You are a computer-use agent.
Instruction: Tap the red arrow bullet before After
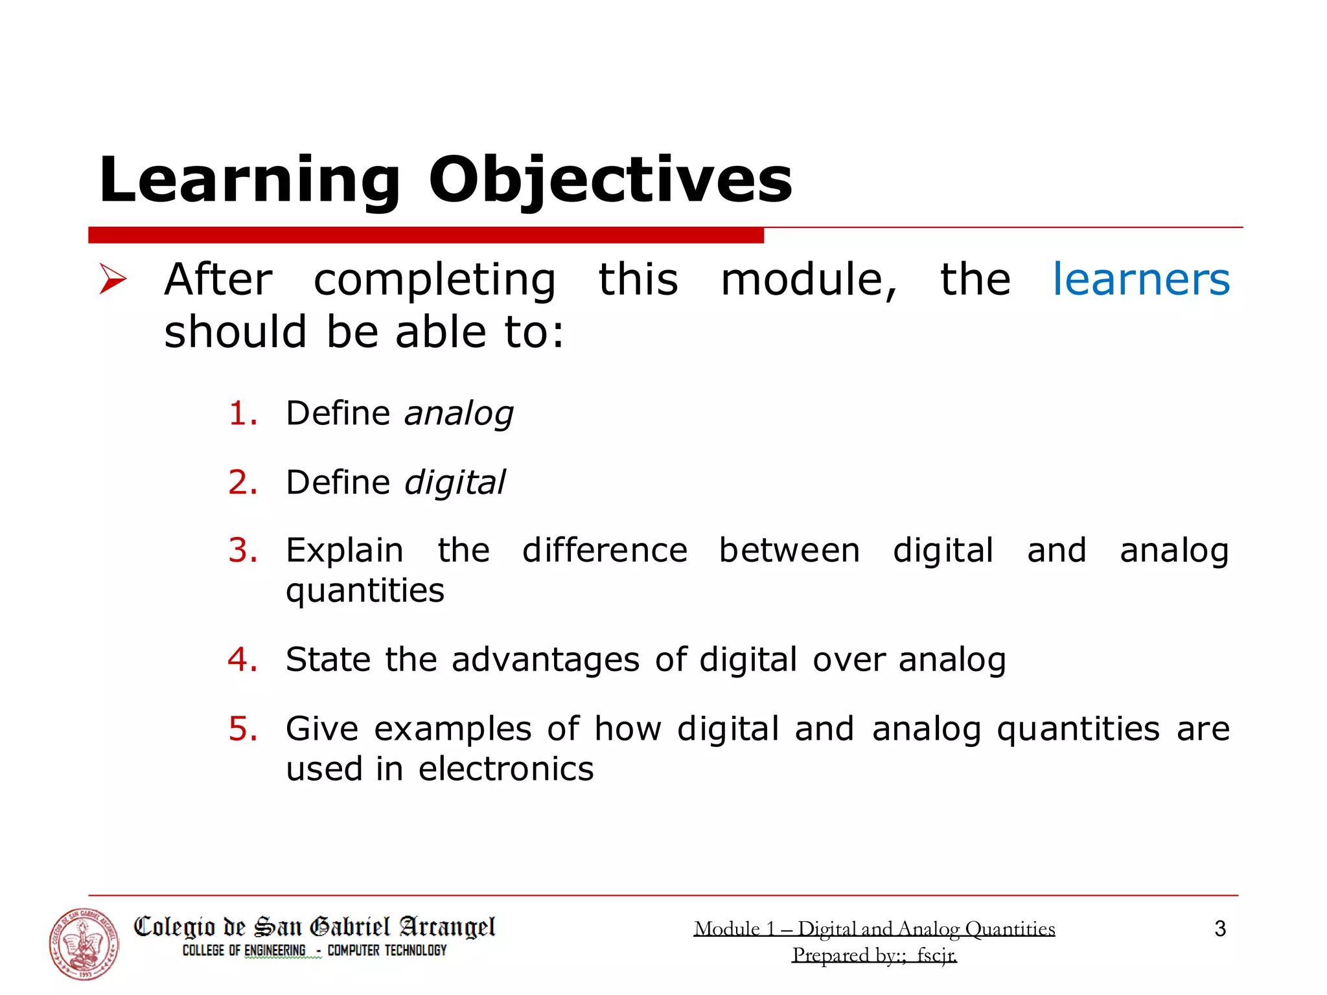pos(113,279)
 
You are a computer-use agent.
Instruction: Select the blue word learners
pos(1140,280)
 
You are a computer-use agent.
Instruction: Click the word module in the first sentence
pos(809,280)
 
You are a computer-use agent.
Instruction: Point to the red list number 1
pos(243,413)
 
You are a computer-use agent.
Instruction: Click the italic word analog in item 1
pos(459,415)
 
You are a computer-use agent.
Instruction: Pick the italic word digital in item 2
pos(454,483)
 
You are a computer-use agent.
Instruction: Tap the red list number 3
pos(243,551)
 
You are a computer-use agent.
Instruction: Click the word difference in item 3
pos(605,551)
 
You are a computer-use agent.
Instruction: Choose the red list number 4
pos(243,659)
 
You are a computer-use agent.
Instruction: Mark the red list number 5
pos(243,729)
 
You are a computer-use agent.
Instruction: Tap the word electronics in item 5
pos(505,769)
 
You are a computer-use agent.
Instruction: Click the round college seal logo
pos(84,944)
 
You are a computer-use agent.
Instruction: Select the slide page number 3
pos(1220,928)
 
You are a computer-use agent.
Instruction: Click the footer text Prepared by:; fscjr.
pos(874,955)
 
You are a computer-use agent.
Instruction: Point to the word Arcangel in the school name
pos(447,927)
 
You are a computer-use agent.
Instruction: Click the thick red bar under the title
pos(426,235)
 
